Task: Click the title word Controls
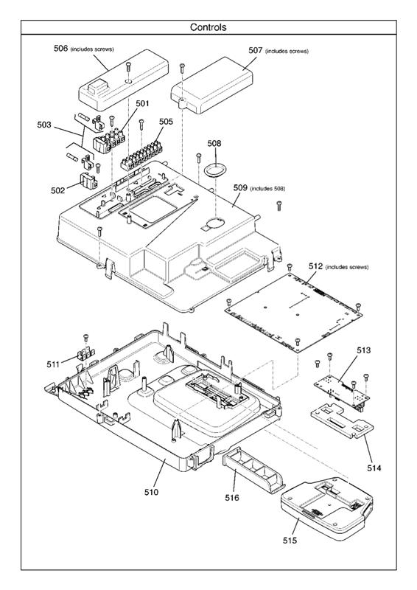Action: [x=208, y=27]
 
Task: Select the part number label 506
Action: [x=60, y=48]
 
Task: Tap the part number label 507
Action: [x=255, y=51]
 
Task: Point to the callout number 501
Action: [x=142, y=104]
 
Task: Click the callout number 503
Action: [x=45, y=125]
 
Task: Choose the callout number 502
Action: [x=58, y=190]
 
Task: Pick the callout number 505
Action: [x=166, y=122]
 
